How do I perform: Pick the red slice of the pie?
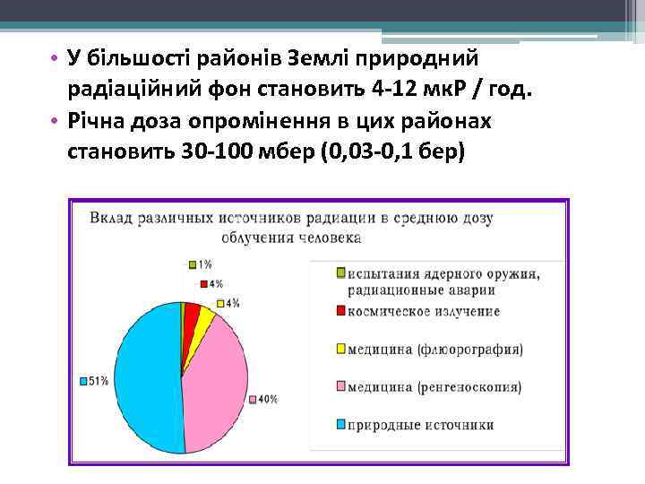click(191, 313)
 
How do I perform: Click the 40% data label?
click(266, 400)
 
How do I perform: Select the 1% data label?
click(205, 264)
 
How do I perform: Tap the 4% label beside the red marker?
click(216, 283)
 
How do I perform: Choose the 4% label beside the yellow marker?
click(232, 303)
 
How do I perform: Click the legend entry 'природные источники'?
click(420, 425)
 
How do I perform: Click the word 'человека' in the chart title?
click(331, 238)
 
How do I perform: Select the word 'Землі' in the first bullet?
click(322, 58)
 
